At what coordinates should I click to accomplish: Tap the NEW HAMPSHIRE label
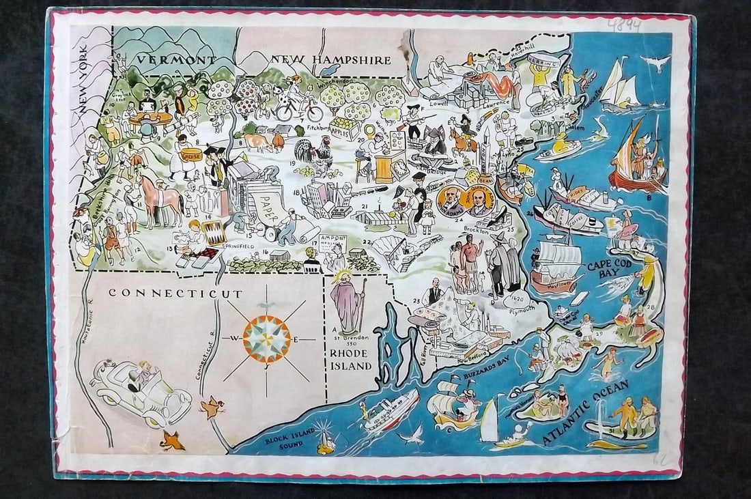pyautogui.click(x=330, y=60)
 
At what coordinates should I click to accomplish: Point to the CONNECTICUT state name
pyautogui.click(x=175, y=294)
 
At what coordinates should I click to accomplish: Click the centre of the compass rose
pyautogui.click(x=266, y=338)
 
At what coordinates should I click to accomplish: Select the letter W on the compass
pyautogui.click(x=234, y=339)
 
